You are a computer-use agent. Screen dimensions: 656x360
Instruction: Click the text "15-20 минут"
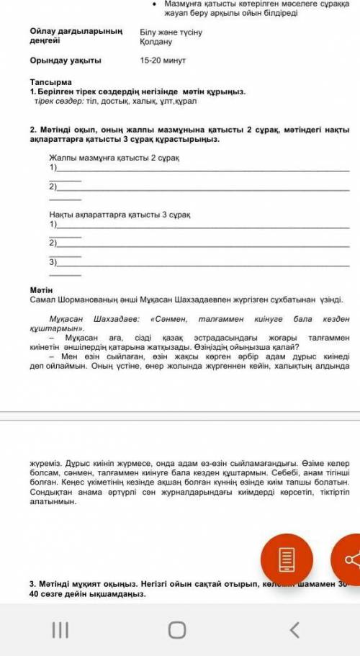tap(163, 60)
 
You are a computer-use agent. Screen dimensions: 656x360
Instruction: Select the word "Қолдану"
tap(156, 42)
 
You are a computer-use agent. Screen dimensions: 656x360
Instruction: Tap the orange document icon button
tap(287, 560)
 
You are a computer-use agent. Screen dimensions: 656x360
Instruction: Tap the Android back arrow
tap(294, 630)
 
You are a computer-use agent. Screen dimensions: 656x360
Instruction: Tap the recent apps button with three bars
tap(60, 630)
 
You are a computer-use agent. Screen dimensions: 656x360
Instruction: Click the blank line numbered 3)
tap(202, 264)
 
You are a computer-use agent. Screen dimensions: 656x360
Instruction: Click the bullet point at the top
tap(156, 4)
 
